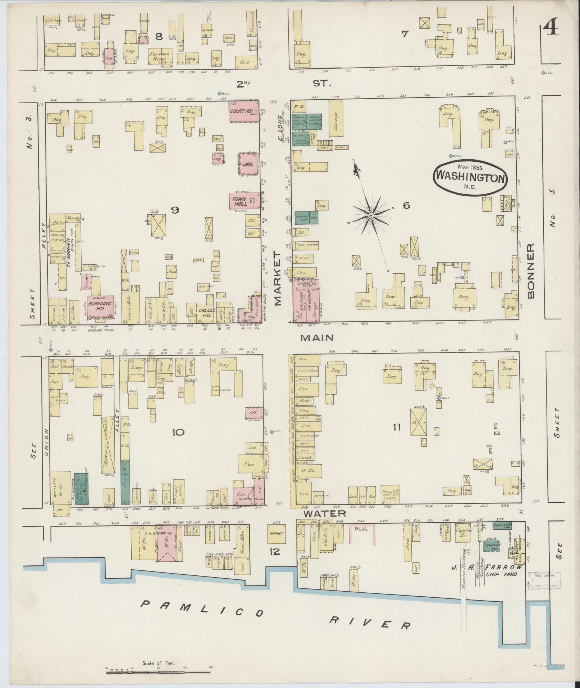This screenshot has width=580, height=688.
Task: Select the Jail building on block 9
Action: tap(248, 164)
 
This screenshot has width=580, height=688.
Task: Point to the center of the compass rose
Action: tap(371, 215)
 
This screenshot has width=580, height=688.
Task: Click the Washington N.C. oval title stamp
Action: tap(470, 178)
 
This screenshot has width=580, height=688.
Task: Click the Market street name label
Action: tap(278, 279)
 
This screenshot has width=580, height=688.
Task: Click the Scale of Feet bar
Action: tap(158, 668)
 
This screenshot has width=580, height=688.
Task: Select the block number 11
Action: tap(397, 427)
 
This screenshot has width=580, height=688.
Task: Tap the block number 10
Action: tap(178, 432)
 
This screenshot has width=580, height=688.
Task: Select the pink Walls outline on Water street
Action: tap(362, 531)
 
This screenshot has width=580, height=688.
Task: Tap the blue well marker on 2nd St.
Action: tap(219, 94)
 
